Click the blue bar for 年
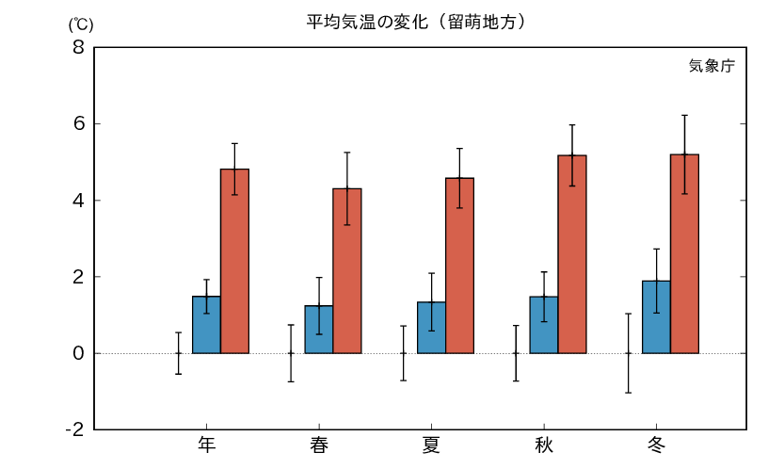[x=206, y=325]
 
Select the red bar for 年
[x=234, y=261]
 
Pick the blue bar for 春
[x=318, y=330]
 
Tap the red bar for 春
[x=346, y=271]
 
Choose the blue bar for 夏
[x=431, y=328]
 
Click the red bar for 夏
[x=459, y=266]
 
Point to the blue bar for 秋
[x=543, y=325]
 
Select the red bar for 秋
[x=571, y=254]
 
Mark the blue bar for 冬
[x=656, y=317]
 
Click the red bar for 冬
[x=684, y=253]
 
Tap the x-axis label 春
[x=319, y=445]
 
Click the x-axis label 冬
[x=656, y=445]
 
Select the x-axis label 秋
[x=544, y=445]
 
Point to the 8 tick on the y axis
[x=76, y=47]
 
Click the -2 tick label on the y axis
[x=72, y=429]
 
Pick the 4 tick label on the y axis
[x=76, y=201]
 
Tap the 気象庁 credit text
[x=711, y=66]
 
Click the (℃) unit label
[x=77, y=25]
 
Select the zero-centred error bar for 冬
[x=628, y=353]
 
